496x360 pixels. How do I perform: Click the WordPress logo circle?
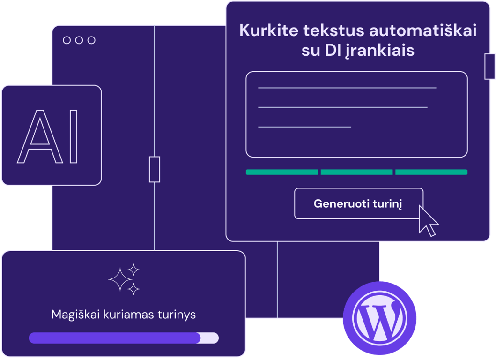[x=379, y=318]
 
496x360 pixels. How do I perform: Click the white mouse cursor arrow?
[x=428, y=221]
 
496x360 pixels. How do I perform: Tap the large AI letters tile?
[x=52, y=135]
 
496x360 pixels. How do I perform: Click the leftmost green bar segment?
[x=282, y=172]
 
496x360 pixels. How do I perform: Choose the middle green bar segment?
[x=356, y=172]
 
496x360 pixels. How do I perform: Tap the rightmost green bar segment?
[x=431, y=172]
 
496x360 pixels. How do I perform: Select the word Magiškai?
[x=75, y=315]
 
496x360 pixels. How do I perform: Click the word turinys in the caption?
[x=177, y=315]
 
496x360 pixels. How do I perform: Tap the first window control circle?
[x=67, y=40]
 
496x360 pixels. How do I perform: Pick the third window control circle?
[x=91, y=40]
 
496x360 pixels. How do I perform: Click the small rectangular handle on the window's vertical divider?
[x=155, y=169]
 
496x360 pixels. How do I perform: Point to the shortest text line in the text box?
[x=304, y=127]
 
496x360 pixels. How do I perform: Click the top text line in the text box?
[x=347, y=88]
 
